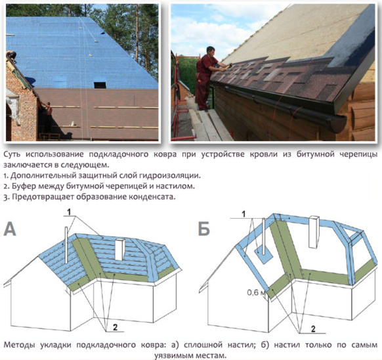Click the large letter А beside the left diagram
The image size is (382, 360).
point(10,229)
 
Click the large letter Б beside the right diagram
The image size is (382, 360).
point(203,229)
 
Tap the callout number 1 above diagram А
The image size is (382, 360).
point(70,212)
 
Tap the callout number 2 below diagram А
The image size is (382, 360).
point(115,327)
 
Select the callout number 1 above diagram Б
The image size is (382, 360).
point(244,214)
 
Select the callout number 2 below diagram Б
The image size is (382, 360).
point(313,329)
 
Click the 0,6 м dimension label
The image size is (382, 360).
point(256,292)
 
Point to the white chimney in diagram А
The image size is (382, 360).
point(120,250)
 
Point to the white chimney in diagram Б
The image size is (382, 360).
point(314,232)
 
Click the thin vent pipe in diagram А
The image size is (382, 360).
point(66,245)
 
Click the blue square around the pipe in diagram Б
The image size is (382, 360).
point(264,256)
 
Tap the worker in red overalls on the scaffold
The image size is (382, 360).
point(207,78)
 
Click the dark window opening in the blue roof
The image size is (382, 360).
point(100,85)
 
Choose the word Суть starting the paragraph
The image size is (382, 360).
point(12,154)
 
